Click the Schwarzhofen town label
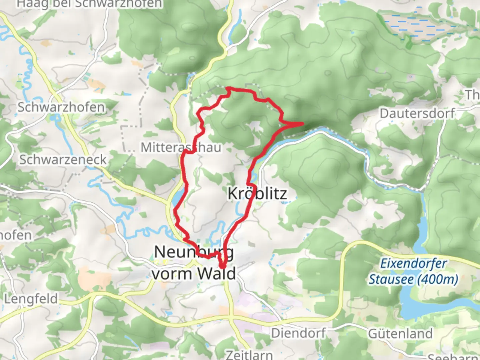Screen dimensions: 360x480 61,107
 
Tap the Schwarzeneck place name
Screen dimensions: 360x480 63,160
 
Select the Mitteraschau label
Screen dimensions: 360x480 181,147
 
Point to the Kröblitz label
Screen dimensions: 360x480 257,193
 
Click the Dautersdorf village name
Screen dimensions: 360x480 417,113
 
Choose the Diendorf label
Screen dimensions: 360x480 298,333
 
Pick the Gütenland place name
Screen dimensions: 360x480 400,333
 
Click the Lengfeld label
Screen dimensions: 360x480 31,299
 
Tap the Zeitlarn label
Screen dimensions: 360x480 249,355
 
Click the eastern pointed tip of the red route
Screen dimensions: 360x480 303,124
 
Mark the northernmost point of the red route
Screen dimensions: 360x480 229,88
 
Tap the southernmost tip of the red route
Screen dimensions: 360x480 222,267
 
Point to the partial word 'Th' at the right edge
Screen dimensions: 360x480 473,95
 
